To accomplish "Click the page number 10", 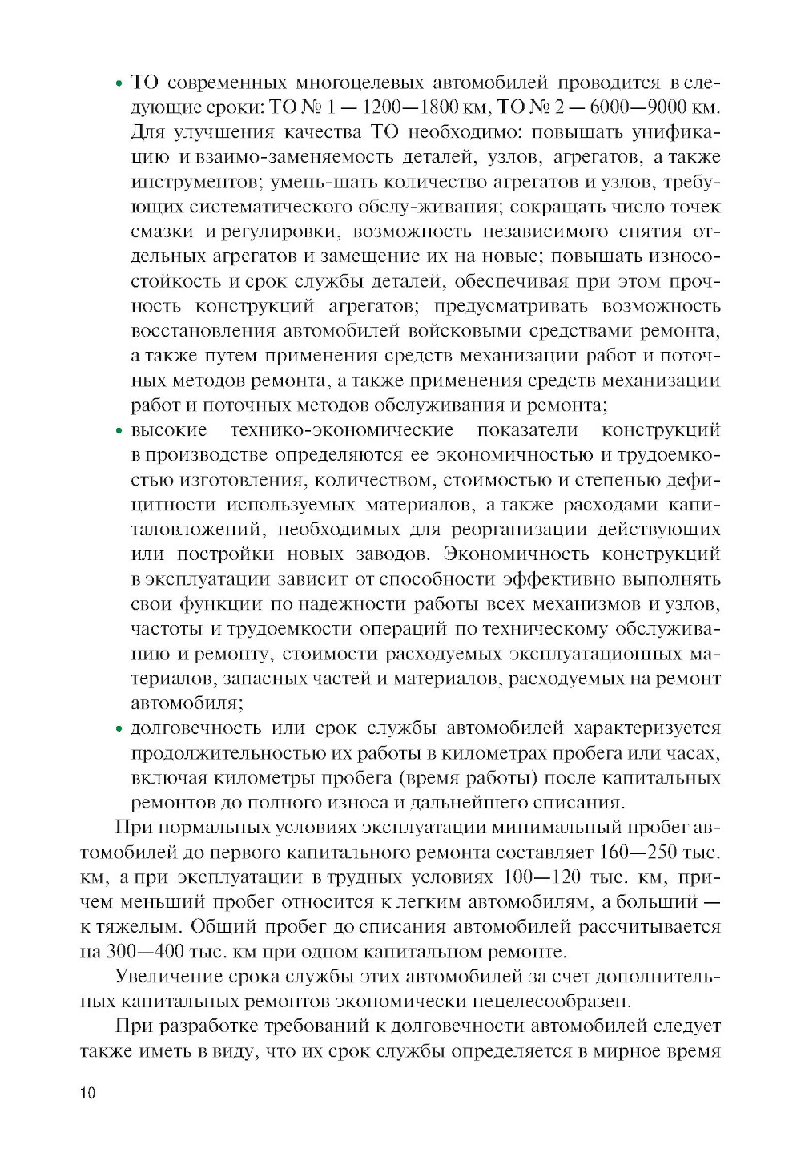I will coord(87,1093).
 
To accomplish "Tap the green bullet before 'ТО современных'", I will coord(119,83).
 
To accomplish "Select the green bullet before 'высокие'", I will coord(119,431).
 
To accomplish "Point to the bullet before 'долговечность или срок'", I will coord(119,729).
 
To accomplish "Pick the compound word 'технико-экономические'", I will coord(342,430).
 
